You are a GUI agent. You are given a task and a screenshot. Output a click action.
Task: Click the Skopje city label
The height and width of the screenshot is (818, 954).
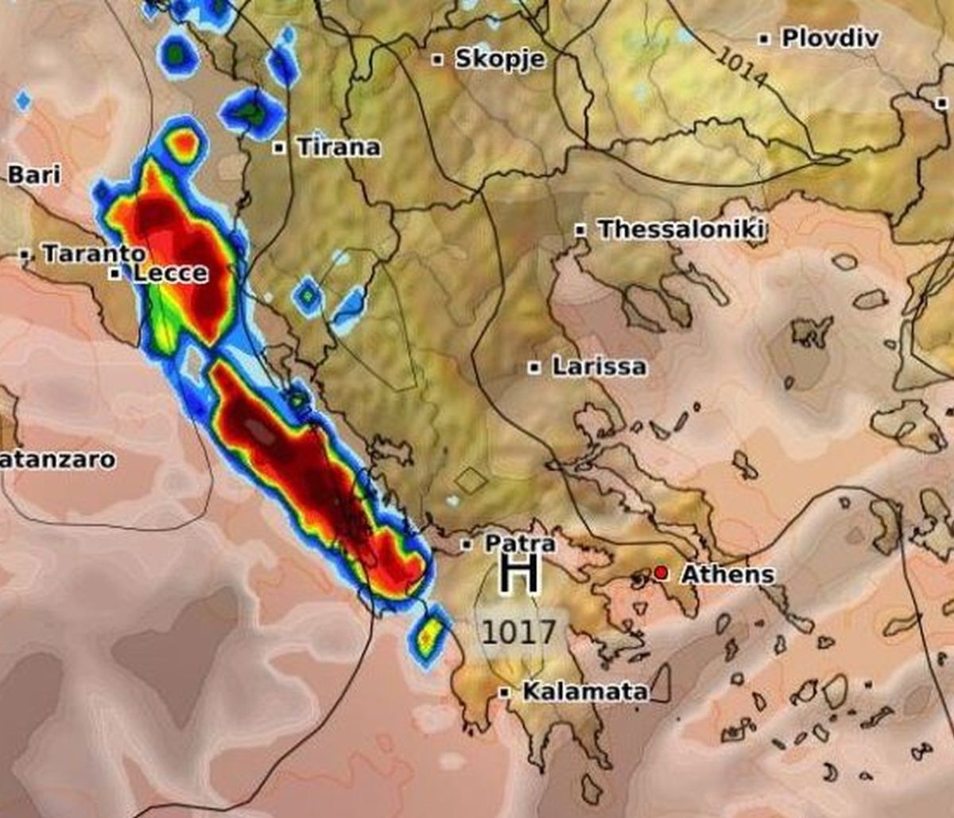[499, 59]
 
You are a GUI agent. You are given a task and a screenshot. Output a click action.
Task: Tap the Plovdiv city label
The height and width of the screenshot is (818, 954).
[830, 37]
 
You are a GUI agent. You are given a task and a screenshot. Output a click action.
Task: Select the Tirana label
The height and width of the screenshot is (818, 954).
[338, 147]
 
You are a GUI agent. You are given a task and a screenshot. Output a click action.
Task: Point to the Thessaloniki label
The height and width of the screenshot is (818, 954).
[682, 230]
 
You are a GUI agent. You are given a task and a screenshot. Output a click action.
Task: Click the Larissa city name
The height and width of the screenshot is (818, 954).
[599, 368]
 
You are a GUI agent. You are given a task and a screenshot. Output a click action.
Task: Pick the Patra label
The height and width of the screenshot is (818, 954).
[520, 544]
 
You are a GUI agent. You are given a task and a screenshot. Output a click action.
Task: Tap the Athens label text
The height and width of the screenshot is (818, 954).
[727, 574]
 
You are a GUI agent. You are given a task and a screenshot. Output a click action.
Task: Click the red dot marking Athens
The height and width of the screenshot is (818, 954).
[661, 573]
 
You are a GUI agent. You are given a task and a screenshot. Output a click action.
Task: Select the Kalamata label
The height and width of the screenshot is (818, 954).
[584, 692]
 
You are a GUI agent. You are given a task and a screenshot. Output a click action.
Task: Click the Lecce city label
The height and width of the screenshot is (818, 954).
[170, 274]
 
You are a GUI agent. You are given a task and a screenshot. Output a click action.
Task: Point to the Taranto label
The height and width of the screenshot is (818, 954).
[94, 255]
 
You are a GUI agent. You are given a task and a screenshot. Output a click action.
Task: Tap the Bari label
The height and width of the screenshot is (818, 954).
[33, 175]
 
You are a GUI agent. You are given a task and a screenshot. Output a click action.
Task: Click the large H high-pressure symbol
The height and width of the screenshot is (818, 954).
[519, 575]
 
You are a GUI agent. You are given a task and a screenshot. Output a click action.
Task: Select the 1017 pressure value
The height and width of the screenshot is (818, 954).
[518, 633]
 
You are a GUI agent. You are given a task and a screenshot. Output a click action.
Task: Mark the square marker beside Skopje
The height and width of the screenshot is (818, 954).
[437, 60]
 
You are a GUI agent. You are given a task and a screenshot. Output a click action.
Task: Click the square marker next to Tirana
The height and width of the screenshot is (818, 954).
[279, 147]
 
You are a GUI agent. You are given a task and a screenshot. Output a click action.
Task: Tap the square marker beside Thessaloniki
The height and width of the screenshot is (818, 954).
[581, 230]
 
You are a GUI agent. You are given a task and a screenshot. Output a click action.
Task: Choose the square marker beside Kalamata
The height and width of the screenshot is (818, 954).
[504, 692]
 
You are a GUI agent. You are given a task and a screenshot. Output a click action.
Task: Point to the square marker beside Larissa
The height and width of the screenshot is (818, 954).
[535, 368]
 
